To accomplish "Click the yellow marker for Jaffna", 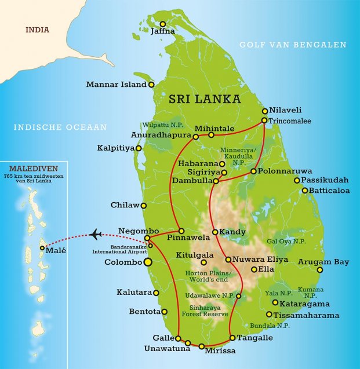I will pyautogui.click(x=163, y=24).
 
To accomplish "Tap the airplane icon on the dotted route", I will pyautogui.click(x=96, y=234).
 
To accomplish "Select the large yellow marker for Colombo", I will pyautogui.click(x=147, y=262).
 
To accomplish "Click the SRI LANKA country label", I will pyautogui.click(x=205, y=99).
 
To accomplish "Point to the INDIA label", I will pyautogui.click(x=37, y=30).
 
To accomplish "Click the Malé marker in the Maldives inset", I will pyautogui.click(x=42, y=249).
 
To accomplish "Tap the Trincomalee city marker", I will pyautogui.click(x=264, y=120).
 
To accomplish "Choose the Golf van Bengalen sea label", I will pyautogui.click(x=293, y=45).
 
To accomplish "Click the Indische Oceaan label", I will pyautogui.click(x=61, y=127).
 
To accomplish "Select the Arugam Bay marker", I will pyautogui.click(x=320, y=270).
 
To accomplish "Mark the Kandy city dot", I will pyautogui.click(x=215, y=232).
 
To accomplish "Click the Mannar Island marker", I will pyautogui.click(x=151, y=85).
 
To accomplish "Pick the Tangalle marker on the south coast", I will pyautogui.click(x=232, y=338).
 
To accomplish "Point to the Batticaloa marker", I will pyautogui.click(x=304, y=190).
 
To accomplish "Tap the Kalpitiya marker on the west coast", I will pyautogui.click(x=139, y=148).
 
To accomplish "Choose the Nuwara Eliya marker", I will pyautogui.click(x=228, y=260).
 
